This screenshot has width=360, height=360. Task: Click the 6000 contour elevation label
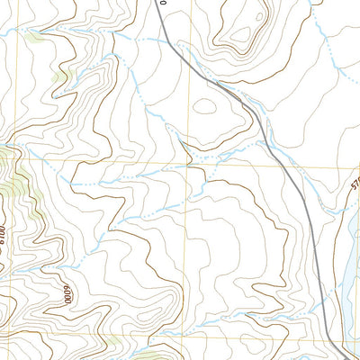pos(65,295)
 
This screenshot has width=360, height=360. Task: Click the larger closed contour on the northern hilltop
pos(241,31)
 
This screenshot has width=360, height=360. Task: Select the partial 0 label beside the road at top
pos(164,4)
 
